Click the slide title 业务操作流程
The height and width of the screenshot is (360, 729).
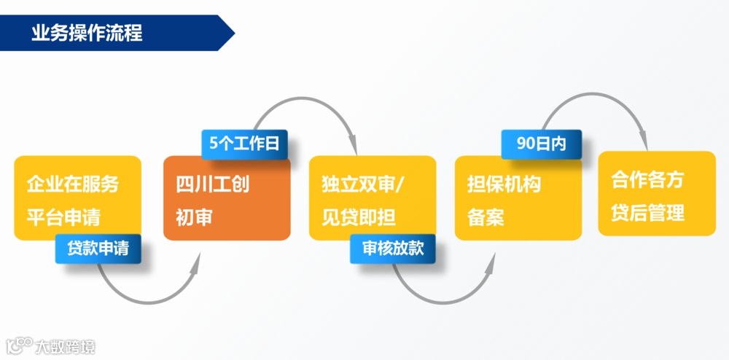click(87, 33)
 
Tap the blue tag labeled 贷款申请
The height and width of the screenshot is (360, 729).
click(98, 249)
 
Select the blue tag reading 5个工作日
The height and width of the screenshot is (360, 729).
click(244, 144)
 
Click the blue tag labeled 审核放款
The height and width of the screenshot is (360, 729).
click(392, 249)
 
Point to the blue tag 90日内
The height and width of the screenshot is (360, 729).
click(541, 144)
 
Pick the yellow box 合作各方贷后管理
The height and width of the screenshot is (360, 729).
click(657, 193)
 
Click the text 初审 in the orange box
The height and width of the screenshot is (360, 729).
click(194, 217)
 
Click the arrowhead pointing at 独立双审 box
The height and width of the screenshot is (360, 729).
click(354, 142)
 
